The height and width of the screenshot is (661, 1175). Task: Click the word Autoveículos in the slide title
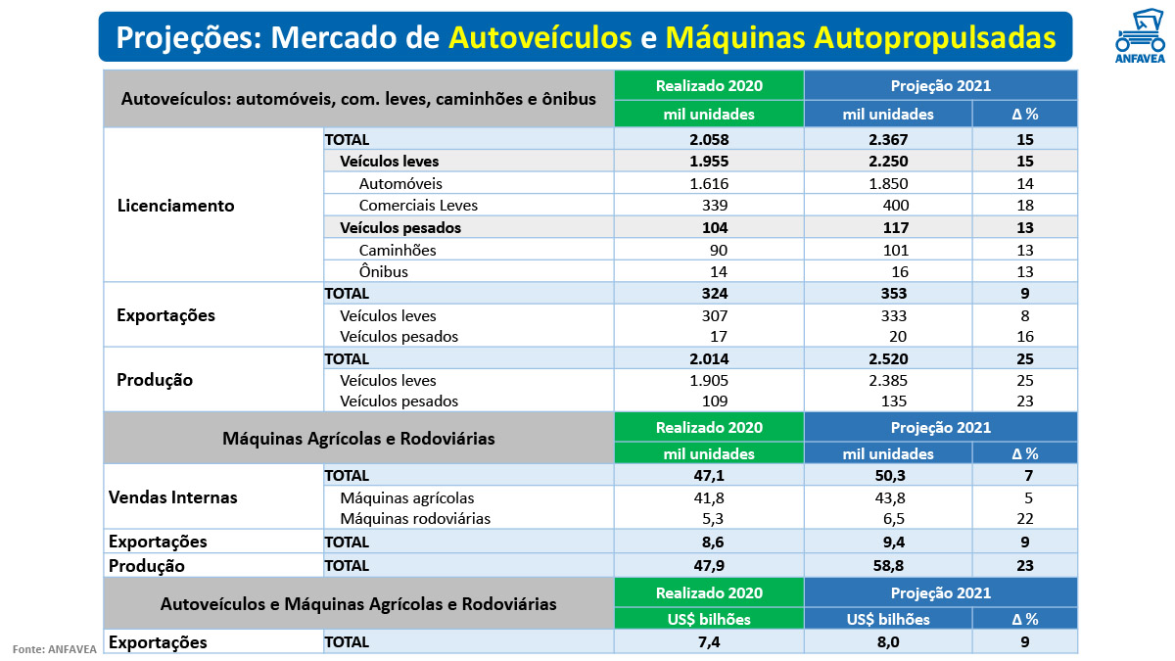pos(540,37)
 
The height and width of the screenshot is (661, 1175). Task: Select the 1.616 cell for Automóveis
pos(709,183)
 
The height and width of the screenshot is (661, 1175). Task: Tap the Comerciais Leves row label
pos(418,206)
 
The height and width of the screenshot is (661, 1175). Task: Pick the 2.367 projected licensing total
pos(888,139)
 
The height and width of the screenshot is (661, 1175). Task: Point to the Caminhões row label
pos(398,250)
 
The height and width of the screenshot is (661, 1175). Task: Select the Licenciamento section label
pos(175,206)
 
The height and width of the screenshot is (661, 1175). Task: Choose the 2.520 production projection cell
pos(888,359)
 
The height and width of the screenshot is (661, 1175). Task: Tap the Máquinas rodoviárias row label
pos(415,518)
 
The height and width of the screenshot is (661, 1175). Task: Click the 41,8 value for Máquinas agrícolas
pos(709,497)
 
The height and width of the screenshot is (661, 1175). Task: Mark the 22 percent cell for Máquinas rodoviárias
pos(1025,518)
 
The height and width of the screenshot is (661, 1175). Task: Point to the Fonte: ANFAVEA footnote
pos(54,648)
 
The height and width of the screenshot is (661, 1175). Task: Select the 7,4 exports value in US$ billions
pos(709,642)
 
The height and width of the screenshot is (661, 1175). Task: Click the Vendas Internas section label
pos(172,497)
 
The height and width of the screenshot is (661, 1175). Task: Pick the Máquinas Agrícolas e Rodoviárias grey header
pos(358,439)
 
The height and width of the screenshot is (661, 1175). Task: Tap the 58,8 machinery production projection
pos(888,565)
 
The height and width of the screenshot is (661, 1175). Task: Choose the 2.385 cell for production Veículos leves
pos(888,380)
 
